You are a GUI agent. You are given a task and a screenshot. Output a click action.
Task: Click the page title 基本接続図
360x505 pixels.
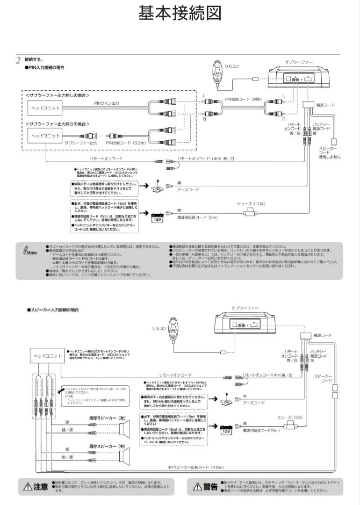click(x=180, y=14)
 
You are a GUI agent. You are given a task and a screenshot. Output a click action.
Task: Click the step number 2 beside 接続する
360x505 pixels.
click(x=18, y=60)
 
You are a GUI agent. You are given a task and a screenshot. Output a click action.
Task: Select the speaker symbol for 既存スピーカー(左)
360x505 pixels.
click(x=125, y=429)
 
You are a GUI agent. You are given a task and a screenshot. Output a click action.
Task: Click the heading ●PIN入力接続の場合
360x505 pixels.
click(x=44, y=68)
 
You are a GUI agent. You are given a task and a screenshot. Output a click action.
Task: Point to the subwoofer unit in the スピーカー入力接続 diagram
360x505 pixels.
click(x=245, y=323)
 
